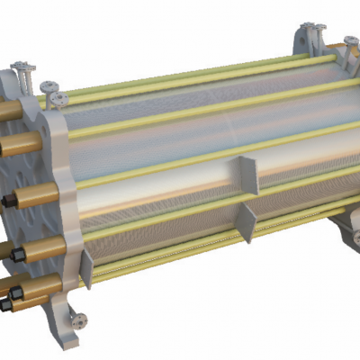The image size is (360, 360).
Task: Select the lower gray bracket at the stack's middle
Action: coord(246,221)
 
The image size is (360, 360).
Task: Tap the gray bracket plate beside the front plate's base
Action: coord(86,267)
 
